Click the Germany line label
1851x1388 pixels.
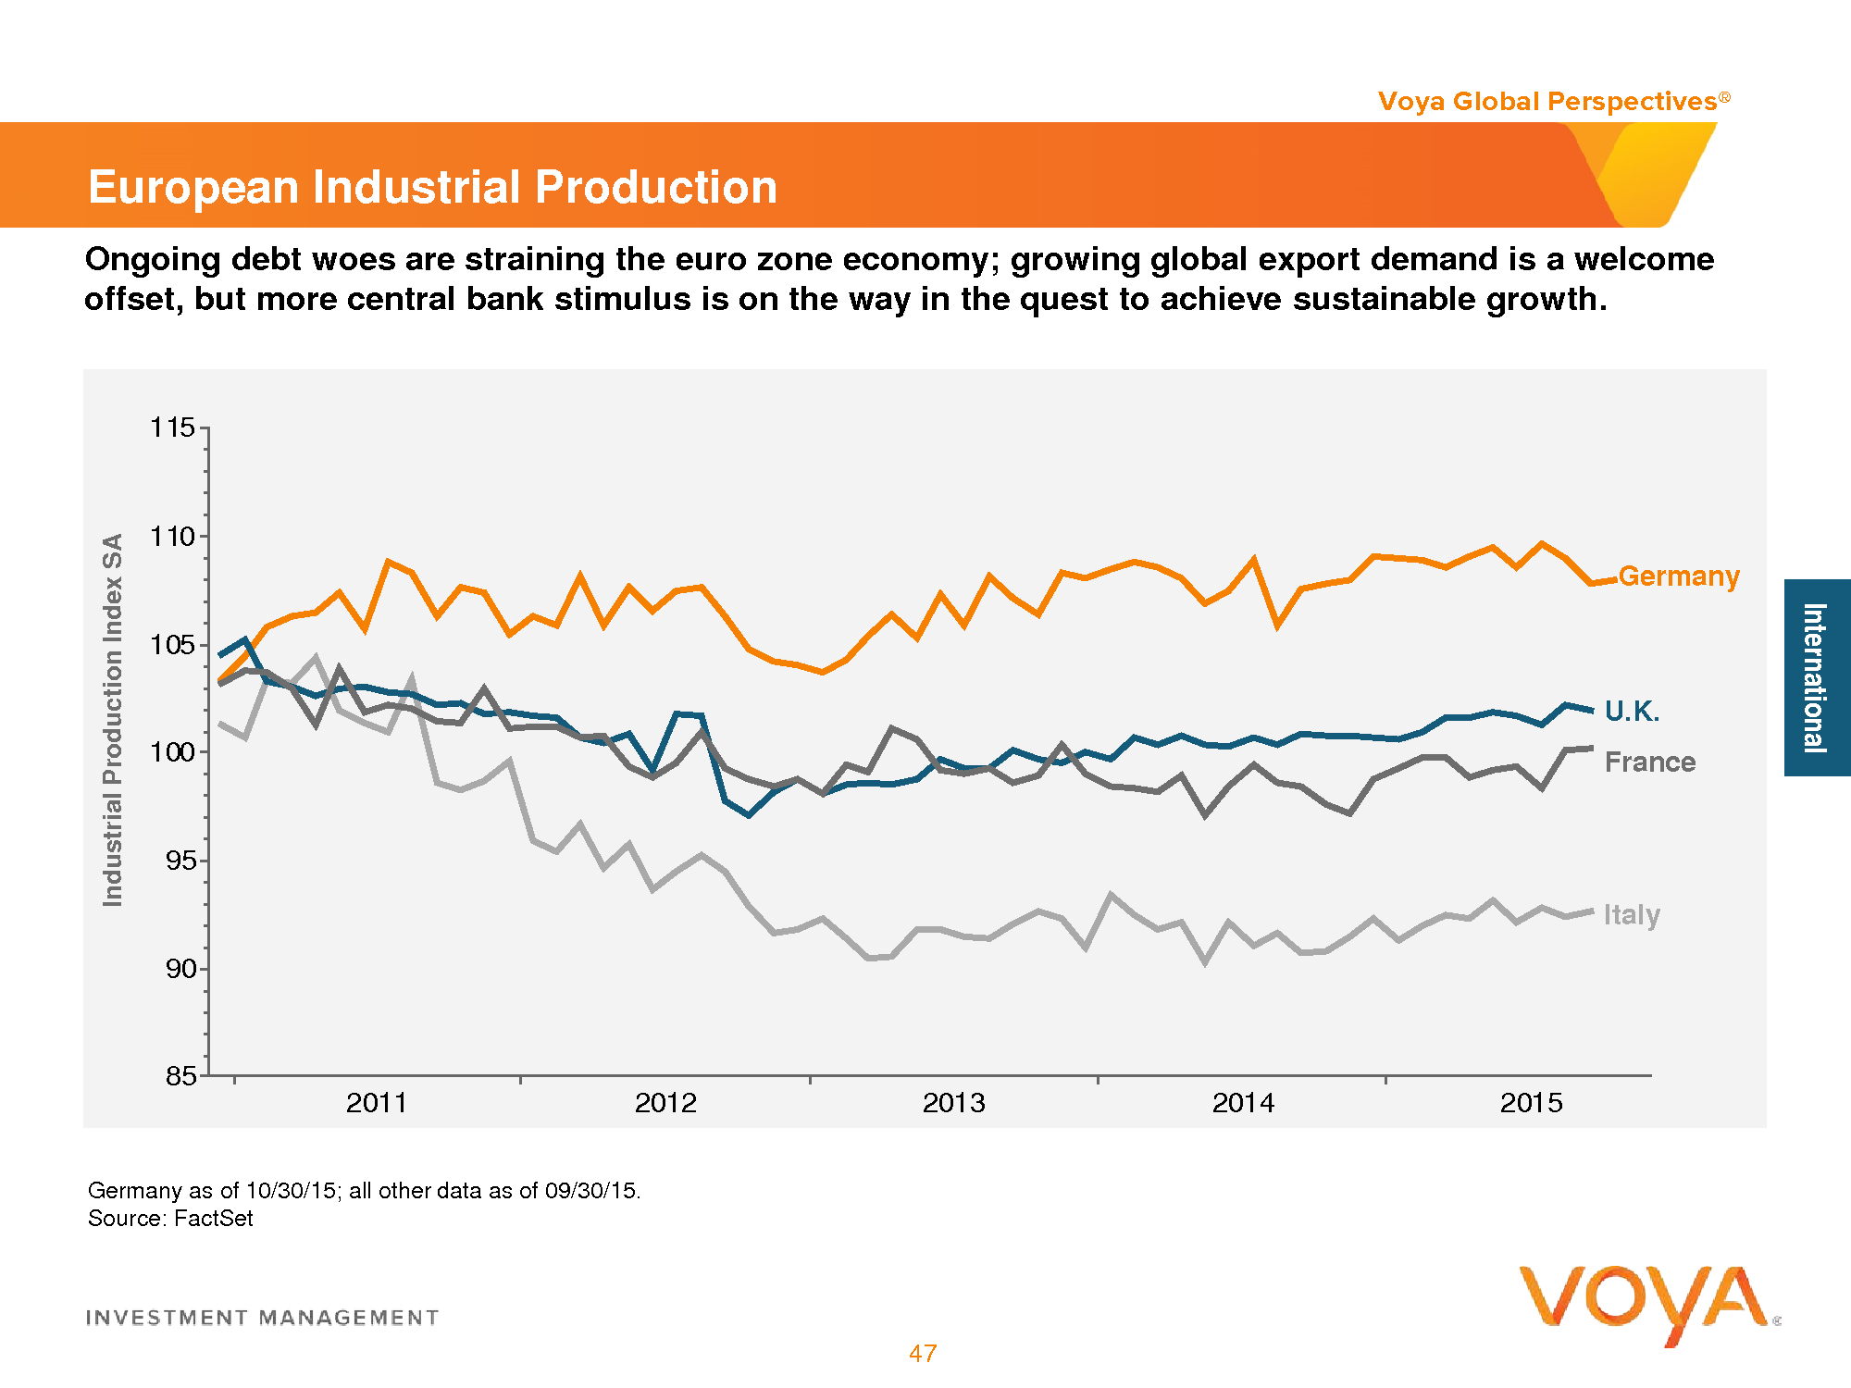click(1679, 576)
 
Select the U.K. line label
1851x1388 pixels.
click(1632, 711)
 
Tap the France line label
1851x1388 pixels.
click(1649, 762)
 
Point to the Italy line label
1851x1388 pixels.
click(1632, 914)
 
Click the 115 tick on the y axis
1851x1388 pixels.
click(173, 428)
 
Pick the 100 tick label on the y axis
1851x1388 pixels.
click(173, 751)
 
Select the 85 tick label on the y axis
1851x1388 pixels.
click(181, 1075)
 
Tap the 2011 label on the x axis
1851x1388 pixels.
click(377, 1103)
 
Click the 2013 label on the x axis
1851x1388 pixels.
click(954, 1103)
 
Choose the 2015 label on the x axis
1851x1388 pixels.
click(1531, 1103)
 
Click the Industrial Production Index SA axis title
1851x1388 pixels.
click(113, 720)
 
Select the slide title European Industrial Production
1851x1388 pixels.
click(432, 187)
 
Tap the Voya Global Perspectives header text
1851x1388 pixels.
click(1547, 101)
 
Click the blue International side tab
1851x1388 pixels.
click(1816, 677)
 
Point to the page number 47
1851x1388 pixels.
click(923, 1353)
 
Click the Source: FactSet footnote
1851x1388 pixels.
click(170, 1218)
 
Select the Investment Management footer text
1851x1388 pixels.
click(262, 1318)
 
